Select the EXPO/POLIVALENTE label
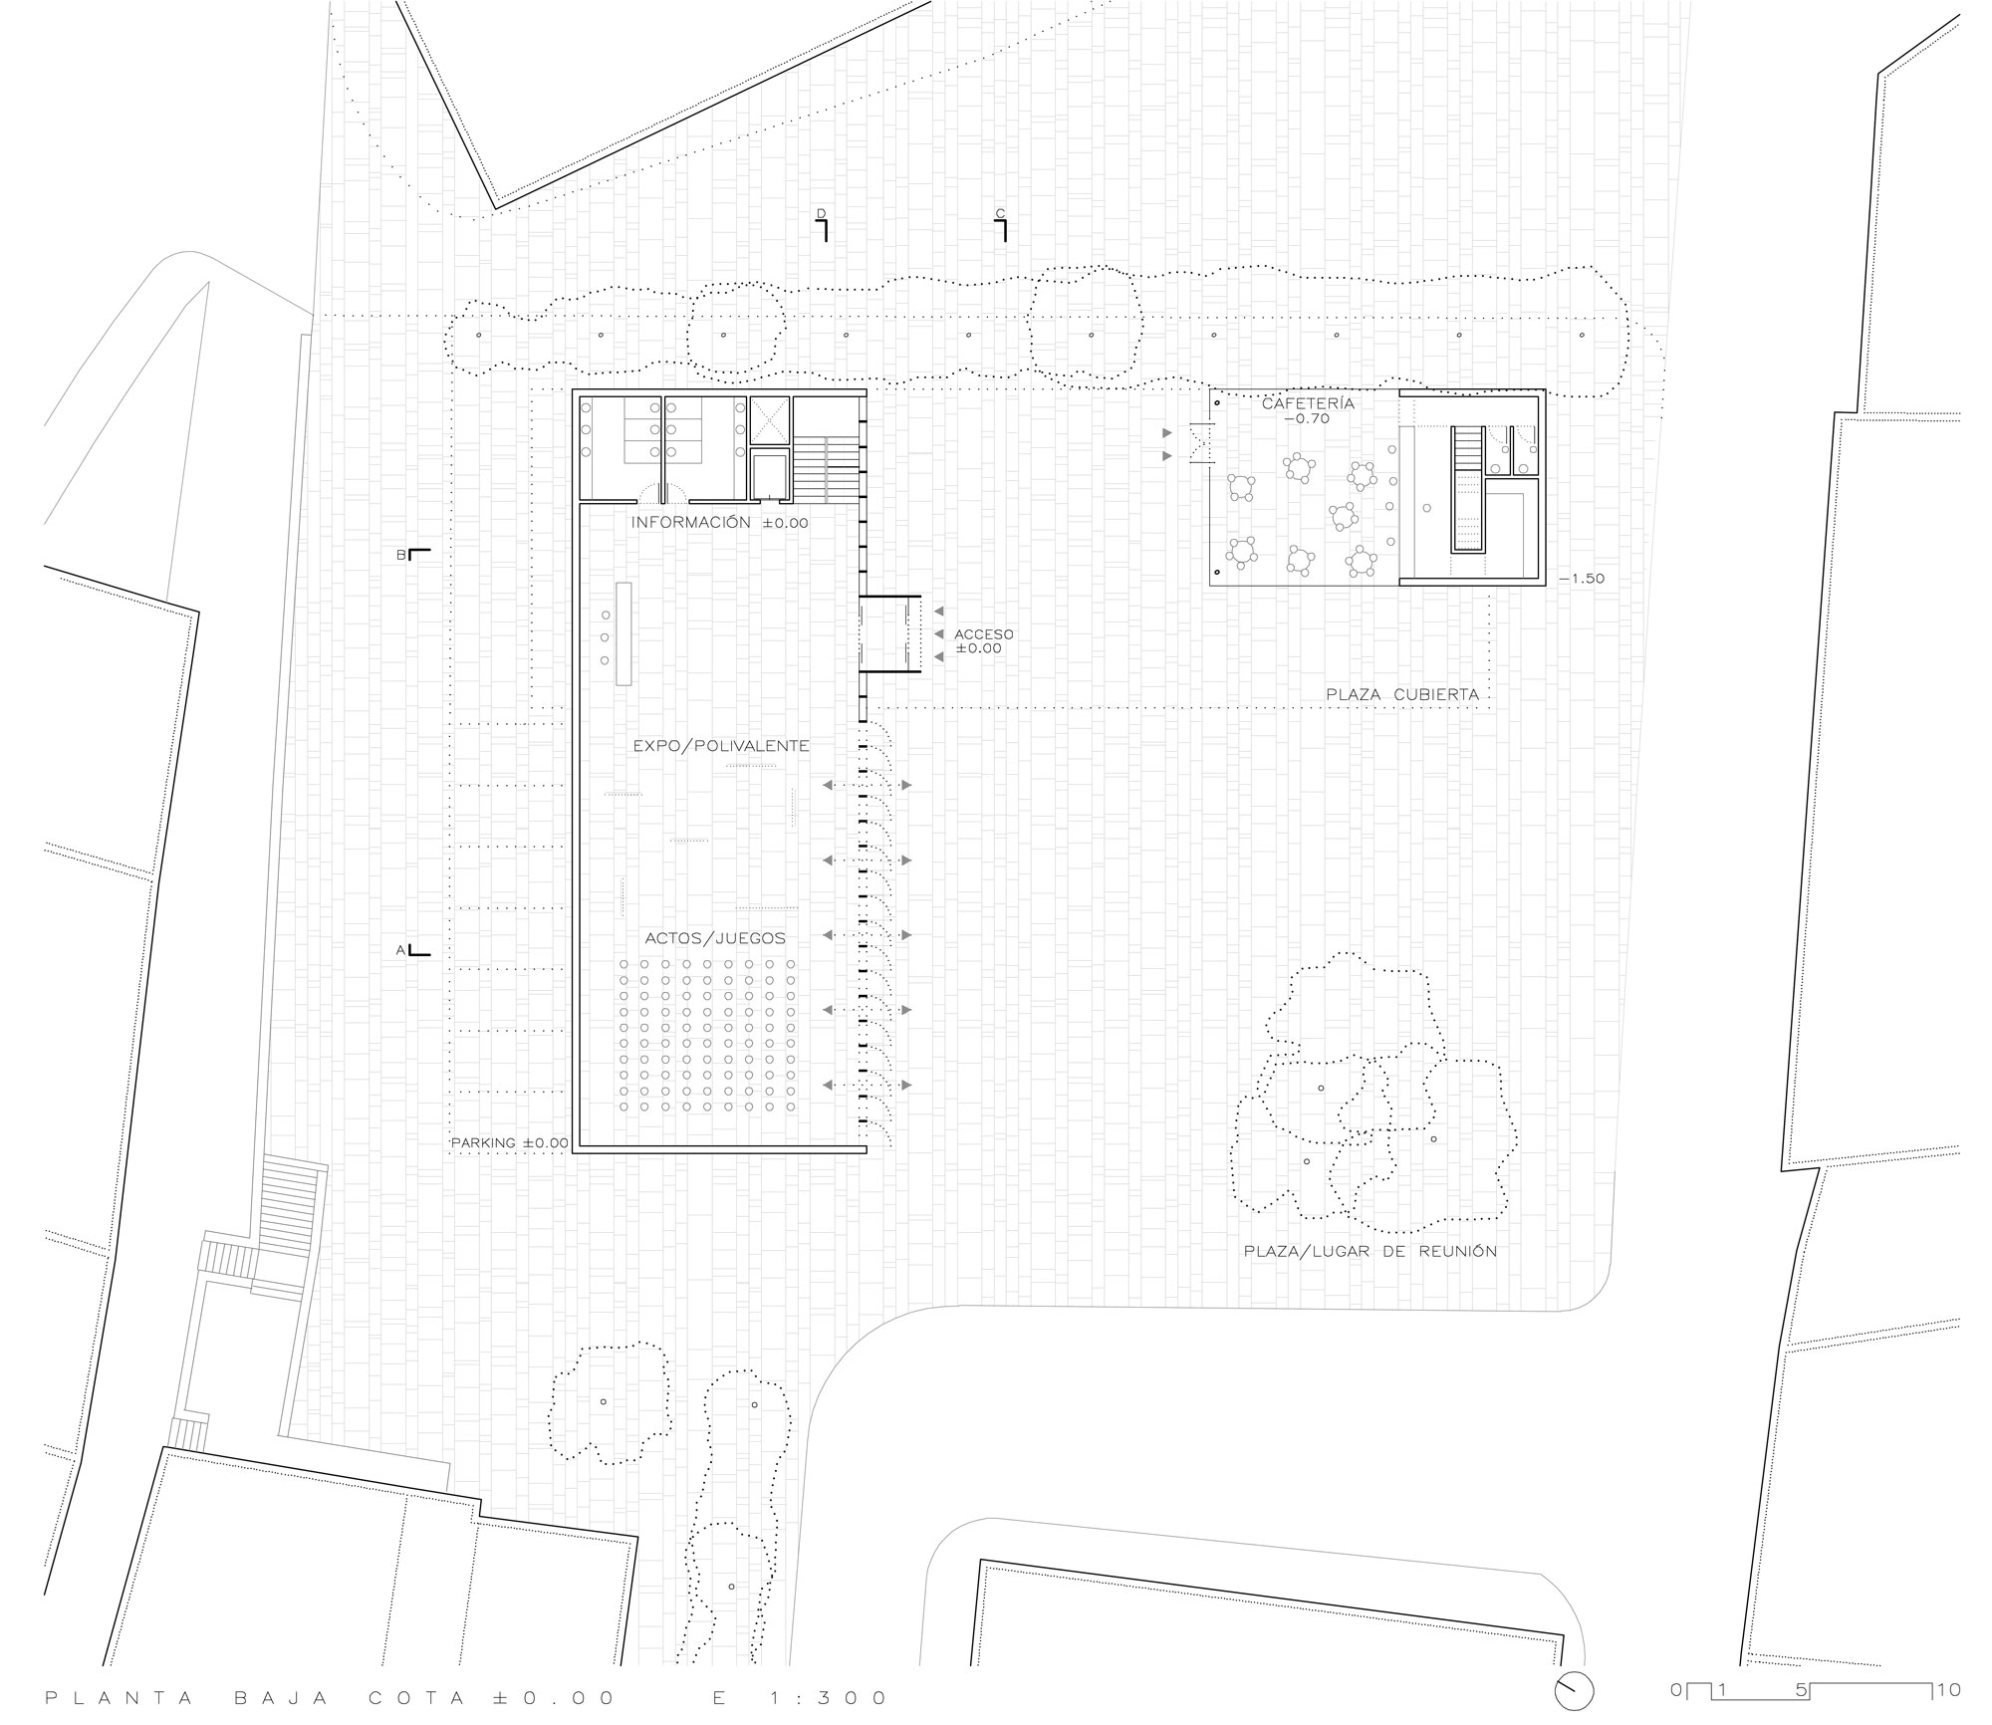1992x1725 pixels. click(721, 745)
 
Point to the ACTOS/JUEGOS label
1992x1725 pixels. click(715, 937)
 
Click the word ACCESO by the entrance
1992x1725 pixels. click(983, 634)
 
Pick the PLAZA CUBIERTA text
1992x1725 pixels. click(1401, 694)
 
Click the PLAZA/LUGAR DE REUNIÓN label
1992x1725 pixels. click(1369, 1251)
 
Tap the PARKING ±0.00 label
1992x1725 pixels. click(510, 1143)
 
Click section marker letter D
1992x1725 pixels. click(821, 213)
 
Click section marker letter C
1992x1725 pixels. click(1000, 213)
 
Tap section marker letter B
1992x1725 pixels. click(401, 556)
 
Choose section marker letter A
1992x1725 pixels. click(401, 950)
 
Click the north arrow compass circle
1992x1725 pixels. click(1574, 1690)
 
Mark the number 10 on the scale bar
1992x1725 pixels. click(1949, 1690)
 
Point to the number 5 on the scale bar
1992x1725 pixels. click(1800, 1690)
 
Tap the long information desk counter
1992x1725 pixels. click(624, 633)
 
